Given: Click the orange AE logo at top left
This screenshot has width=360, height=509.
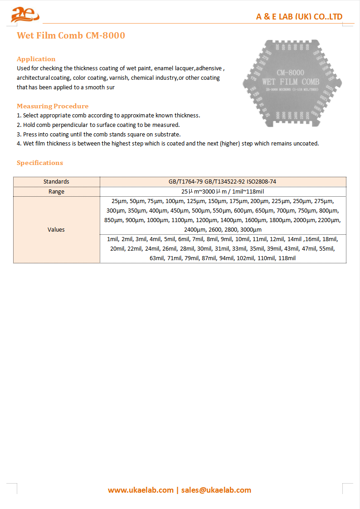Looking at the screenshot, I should (x=25, y=15).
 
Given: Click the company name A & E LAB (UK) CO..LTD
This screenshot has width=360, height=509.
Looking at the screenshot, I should (x=299, y=17).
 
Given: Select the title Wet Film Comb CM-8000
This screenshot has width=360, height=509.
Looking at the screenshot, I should (x=71, y=35).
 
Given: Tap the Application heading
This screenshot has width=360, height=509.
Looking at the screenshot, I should (x=36, y=59).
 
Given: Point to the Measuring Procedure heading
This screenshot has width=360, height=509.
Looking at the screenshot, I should (x=53, y=106).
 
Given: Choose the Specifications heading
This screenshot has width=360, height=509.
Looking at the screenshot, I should (x=40, y=163).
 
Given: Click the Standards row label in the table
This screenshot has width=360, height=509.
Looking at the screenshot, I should (x=56, y=182).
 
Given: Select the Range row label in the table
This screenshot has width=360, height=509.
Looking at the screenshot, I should (x=56, y=192).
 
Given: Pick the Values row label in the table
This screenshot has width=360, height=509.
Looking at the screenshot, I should (x=56, y=230).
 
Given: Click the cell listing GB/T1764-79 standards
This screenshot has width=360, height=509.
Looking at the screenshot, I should (x=223, y=182).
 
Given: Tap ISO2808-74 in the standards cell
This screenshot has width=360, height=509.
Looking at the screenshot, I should (x=261, y=182).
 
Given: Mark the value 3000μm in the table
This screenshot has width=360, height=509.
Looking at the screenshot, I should (x=251, y=230).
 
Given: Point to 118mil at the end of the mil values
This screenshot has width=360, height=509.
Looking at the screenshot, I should (x=287, y=258).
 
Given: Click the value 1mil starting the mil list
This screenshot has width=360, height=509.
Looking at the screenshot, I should (x=112, y=239).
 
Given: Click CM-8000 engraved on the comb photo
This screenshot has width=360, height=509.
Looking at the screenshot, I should (x=290, y=73).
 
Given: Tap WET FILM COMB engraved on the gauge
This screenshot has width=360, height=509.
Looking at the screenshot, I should (x=291, y=82).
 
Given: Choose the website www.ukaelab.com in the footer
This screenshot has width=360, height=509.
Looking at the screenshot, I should (x=141, y=490).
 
